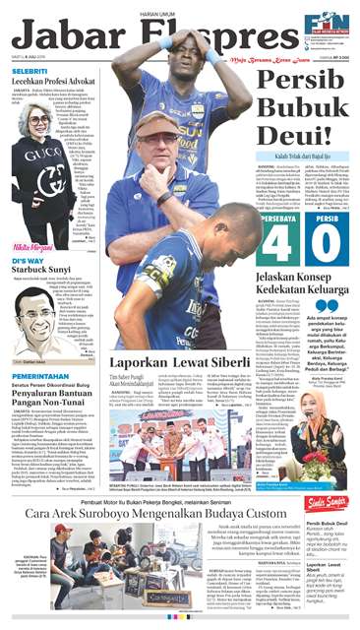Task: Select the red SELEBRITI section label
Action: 31,73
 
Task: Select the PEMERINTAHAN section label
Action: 41,375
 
